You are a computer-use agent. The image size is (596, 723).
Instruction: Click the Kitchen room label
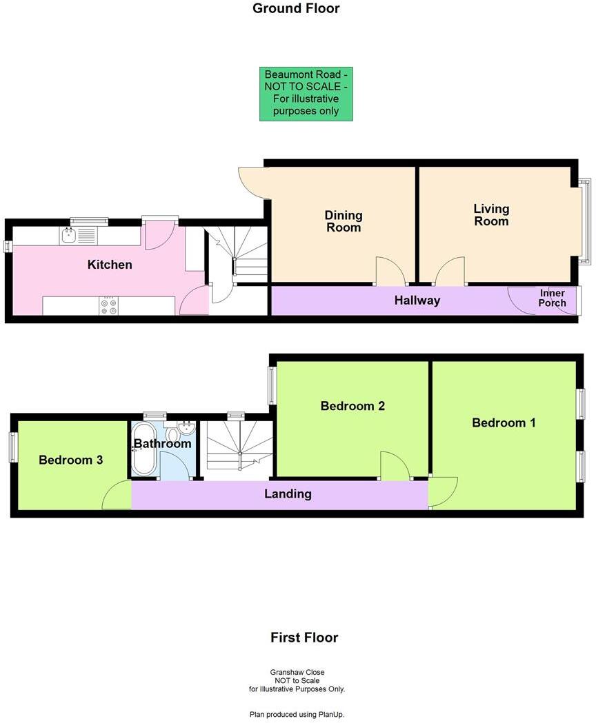pyautogui.click(x=110, y=265)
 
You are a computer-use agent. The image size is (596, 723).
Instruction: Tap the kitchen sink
pyautogui.click(x=68, y=236)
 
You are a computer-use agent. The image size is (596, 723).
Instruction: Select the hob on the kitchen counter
pyautogui.click(x=108, y=305)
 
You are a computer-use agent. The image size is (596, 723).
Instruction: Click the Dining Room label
pyautogui.click(x=343, y=221)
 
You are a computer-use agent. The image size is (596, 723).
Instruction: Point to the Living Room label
pyautogui.click(x=491, y=214)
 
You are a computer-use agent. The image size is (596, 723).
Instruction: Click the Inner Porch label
pyautogui.click(x=553, y=298)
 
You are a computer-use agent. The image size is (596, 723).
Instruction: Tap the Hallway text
pyautogui.click(x=417, y=301)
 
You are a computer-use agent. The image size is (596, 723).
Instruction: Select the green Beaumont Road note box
pyautogui.click(x=306, y=94)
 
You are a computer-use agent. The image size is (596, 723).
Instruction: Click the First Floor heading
pyautogui.click(x=304, y=638)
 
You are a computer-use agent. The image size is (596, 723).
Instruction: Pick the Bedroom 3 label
pyautogui.click(x=70, y=460)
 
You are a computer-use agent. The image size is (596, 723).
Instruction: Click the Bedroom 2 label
pyautogui.click(x=352, y=406)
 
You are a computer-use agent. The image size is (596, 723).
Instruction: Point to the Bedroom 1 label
pyautogui.click(x=504, y=422)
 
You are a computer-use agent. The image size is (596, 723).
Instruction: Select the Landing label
pyautogui.click(x=288, y=493)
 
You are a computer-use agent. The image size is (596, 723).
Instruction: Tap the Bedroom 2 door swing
pyautogui.click(x=394, y=466)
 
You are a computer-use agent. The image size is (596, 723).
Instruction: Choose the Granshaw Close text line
pyautogui.click(x=297, y=672)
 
